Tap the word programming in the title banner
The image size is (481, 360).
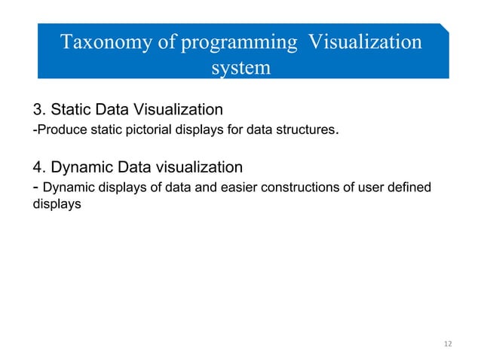pyautogui.click(x=239, y=42)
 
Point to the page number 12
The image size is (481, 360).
pyautogui.click(x=448, y=344)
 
